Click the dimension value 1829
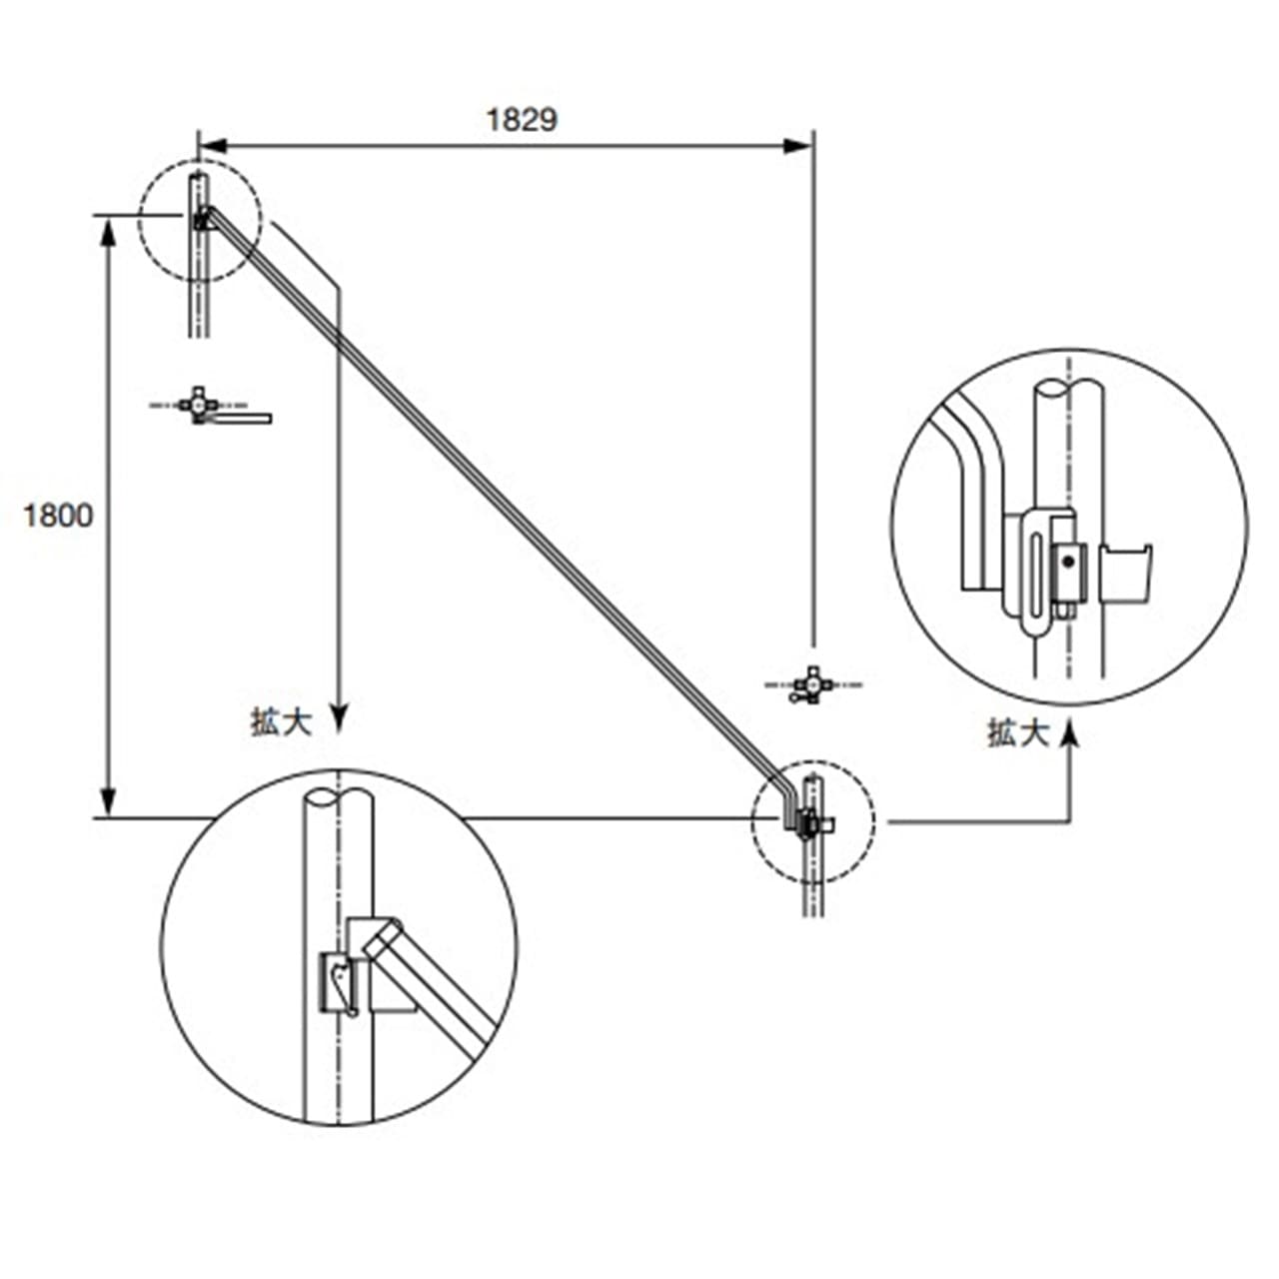tap(522, 120)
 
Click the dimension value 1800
tap(58, 516)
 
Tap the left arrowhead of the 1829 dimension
tap(214, 145)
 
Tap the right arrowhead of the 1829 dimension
tap(797, 145)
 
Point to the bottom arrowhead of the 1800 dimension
tap(109, 803)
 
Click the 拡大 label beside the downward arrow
tap(282, 722)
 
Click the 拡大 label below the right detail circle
tap(1019, 733)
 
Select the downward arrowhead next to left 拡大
tap(339, 718)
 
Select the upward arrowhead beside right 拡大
tap(1070, 735)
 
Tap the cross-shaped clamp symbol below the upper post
tap(198, 405)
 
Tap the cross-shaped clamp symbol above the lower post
tap(813, 685)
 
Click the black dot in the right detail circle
tap(1068, 562)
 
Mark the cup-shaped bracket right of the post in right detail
tap(1126, 574)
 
